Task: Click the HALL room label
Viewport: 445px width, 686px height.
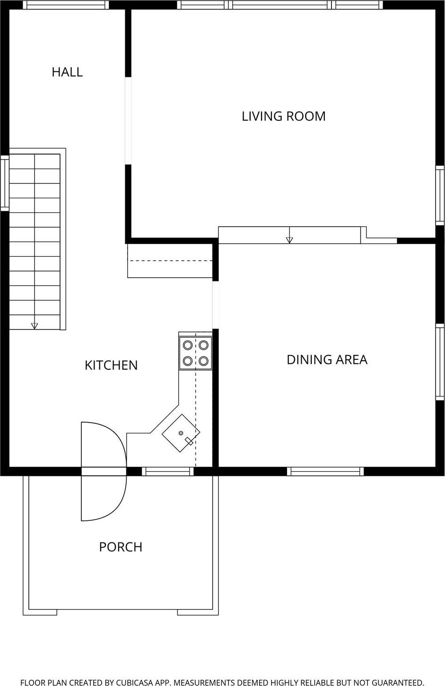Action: tap(67, 72)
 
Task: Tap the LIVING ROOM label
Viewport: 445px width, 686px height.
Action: tap(283, 116)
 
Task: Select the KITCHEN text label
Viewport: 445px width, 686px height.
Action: tap(111, 365)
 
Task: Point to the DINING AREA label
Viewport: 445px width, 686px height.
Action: tap(327, 360)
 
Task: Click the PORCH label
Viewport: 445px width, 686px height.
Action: tap(121, 547)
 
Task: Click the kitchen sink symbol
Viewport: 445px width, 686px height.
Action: tap(181, 433)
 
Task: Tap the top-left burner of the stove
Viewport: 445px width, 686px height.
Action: tap(188, 345)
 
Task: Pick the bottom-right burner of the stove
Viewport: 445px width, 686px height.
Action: tap(204, 361)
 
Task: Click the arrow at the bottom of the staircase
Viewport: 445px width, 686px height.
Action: tap(35, 325)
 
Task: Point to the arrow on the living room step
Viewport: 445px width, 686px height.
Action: tap(289, 240)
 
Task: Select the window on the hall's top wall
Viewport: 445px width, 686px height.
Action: tap(66, 5)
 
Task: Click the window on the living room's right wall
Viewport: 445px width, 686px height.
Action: tap(440, 195)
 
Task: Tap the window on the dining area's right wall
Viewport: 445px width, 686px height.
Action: tap(440, 362)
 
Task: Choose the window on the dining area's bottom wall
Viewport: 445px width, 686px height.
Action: tap(325, 471)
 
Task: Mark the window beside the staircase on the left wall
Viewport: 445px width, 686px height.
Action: tap(4, 183)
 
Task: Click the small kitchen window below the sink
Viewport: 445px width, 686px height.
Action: tap(168, 471)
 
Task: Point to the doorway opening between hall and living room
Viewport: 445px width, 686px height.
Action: tap(128, 120)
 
